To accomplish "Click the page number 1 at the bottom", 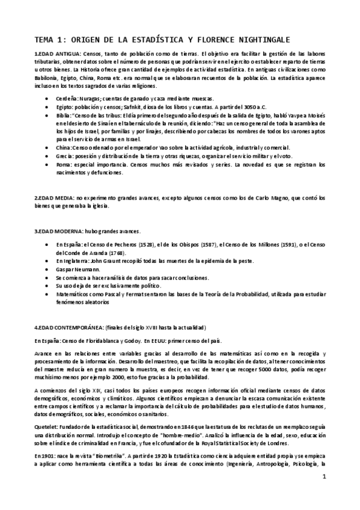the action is coord(323,478).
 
